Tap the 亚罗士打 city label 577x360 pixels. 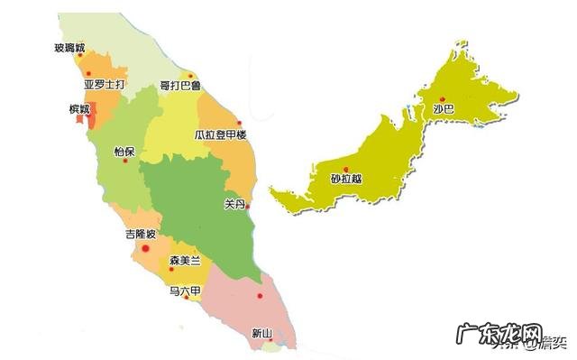point(105,86)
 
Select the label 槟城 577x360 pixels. point(80,109)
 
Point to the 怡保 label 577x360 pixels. point(124,152)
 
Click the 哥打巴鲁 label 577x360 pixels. point(180,86)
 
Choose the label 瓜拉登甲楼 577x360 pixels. point(220,135)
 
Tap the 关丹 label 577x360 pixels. point(234,204)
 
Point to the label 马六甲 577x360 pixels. point(186,291)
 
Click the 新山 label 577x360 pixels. point(261,333)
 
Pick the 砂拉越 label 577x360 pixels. point(347,179)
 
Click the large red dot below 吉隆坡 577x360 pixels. point(145,248)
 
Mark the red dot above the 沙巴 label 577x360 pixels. point(442,98)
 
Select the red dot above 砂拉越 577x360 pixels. point(346,168)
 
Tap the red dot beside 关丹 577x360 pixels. point(248,206)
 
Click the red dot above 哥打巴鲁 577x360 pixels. point(189,75)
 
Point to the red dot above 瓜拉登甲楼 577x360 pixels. point(239,124)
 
